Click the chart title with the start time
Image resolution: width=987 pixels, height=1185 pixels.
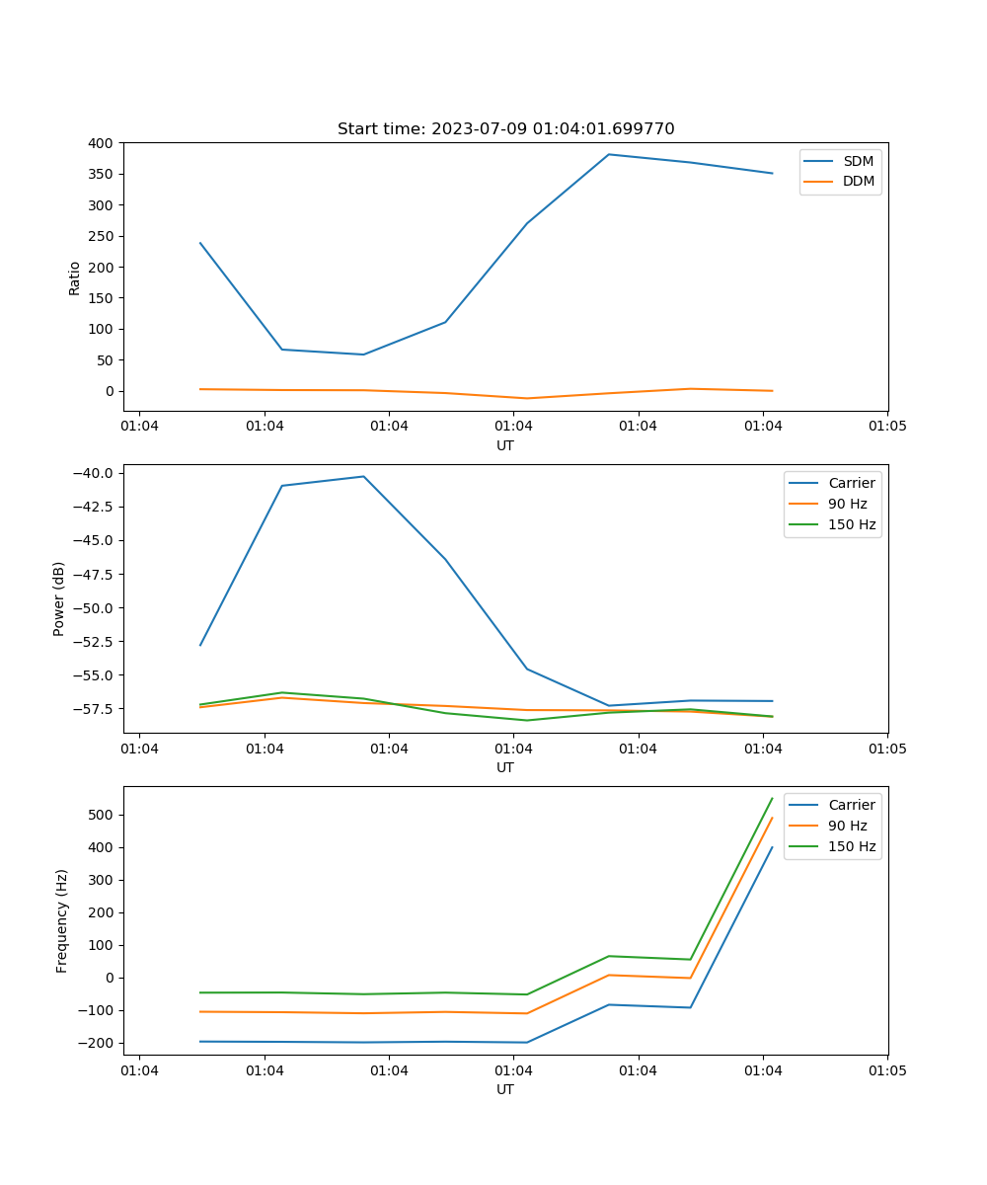pyautogui.click(x=505, y=129)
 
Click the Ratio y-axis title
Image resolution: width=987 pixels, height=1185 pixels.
pyautogui.click(x=75, y=277)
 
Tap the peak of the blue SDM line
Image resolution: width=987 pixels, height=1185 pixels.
pyautogui.click(x=609, y=154)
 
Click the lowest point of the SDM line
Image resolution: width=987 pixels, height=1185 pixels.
pyautogui.click(x=363, y=355)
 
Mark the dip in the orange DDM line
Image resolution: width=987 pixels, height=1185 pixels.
pyautogui.click(x=527, y=399)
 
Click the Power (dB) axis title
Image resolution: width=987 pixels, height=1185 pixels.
pyautogui.click(x=59, y=598)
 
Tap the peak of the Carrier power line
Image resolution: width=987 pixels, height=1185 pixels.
pyautogui.click(x=363, y=476)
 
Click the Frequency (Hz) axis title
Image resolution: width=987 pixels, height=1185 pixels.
pyautogui.click(x=62, y=920)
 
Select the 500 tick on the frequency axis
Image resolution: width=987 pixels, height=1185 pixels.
pyautogui.click(x=101, y=815)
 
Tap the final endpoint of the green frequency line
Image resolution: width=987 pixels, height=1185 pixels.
pyautogui.click(x=772, y=798)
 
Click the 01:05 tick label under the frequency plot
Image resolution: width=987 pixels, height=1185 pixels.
pyautogui.click(x=886, y=1068)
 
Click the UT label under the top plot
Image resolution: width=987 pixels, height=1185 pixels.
pyautogui.click(x=505, y=445)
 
